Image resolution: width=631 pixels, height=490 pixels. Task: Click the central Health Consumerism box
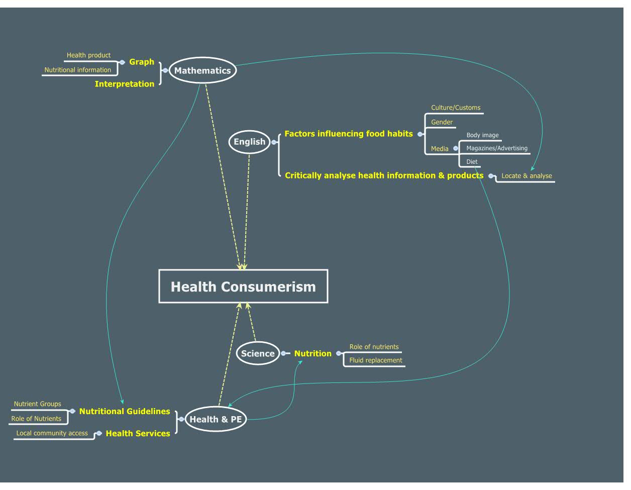243,286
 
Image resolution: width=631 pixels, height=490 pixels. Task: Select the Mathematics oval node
202,71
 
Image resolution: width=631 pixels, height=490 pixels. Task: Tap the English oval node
249,142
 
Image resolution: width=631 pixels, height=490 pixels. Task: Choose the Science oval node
258,353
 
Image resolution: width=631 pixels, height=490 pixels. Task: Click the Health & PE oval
216,419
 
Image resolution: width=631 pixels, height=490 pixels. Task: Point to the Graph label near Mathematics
142,62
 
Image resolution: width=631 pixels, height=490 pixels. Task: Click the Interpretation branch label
125,84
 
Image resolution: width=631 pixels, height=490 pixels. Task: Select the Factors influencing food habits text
349,134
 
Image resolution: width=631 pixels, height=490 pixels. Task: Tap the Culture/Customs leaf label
456,108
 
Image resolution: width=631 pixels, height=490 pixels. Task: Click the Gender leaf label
442,122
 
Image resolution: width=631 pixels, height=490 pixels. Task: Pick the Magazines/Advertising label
497,148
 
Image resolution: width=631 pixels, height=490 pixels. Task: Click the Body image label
482,135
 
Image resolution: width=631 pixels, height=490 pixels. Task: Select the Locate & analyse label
527,176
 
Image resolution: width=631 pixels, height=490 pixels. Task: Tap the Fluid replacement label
376,360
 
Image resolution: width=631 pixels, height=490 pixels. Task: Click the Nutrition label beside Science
312,353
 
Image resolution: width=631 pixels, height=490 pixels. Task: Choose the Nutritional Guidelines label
125,411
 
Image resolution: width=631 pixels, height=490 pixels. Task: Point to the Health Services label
138,433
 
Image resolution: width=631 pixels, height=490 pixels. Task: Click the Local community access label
52,433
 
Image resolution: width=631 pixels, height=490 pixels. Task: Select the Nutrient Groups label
37,404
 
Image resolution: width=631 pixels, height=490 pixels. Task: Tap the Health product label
88,55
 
